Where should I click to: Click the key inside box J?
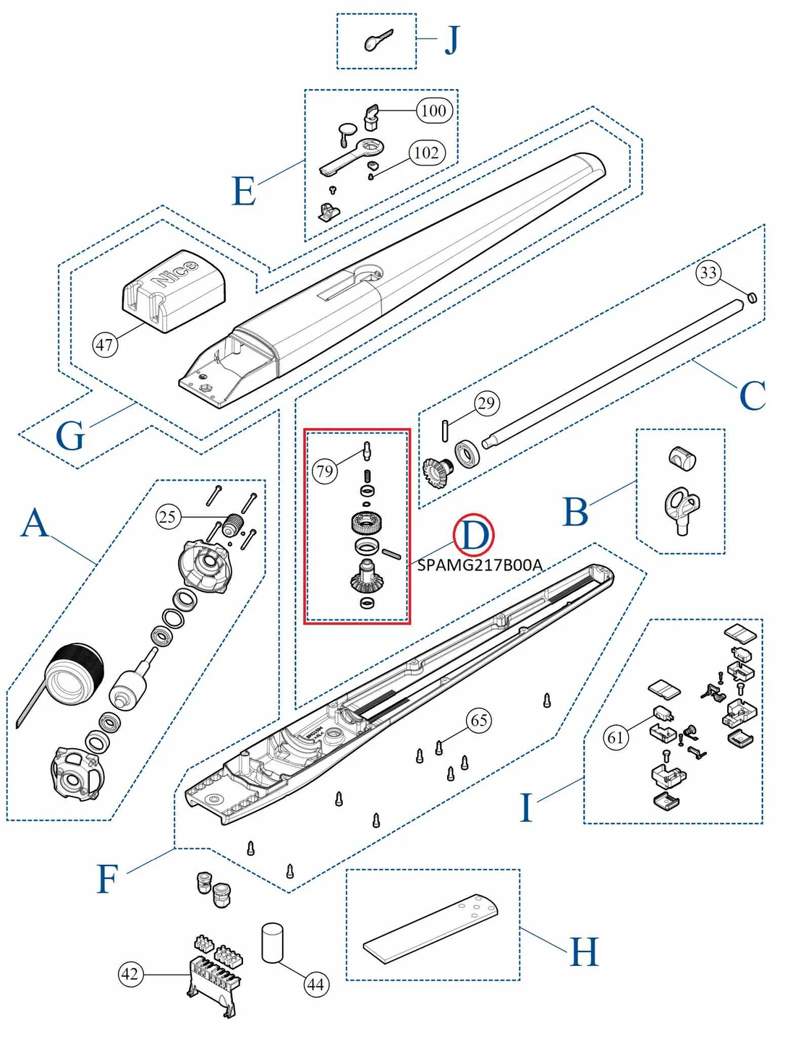click(378, 40)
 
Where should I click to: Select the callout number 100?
click(433, 111)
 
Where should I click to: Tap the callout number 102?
click(426, 153)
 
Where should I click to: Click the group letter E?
click(244, 191)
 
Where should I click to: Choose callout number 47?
click(105, 344)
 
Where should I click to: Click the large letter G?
click(70, 437)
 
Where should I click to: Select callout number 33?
click(708, 273)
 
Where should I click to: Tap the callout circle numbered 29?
click(486, 403)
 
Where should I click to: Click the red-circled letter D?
click(474, 536)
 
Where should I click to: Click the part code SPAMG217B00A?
click(480, 565)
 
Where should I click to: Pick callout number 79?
click(325, 471)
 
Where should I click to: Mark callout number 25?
click(168, 517)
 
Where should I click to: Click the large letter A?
click(35, 523)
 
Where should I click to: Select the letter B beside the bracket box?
click(575, 512)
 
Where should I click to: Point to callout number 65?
click(479, 720)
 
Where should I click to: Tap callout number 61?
click(616, 737)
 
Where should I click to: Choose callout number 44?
click(315, 984)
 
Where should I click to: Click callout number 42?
click(130, 974)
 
